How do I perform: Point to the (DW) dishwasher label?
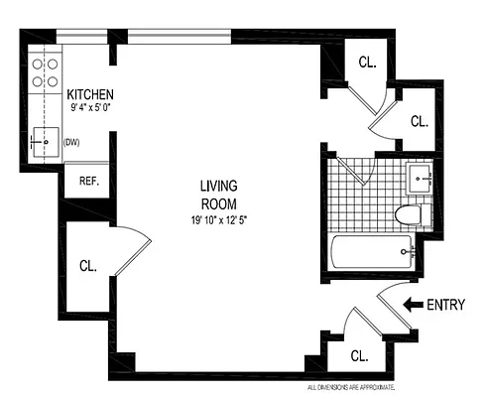click(71, 142)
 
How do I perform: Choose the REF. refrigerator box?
click(88, 182)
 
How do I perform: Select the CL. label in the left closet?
click(88, 265)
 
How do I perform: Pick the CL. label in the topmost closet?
click(367, 62)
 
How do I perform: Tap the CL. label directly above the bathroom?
click(420, 121)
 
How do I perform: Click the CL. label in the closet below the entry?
click(359, 352)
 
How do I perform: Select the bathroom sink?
click(421, 180)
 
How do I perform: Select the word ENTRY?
click(445, 306)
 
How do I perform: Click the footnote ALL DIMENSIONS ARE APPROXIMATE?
click(350, 386)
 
